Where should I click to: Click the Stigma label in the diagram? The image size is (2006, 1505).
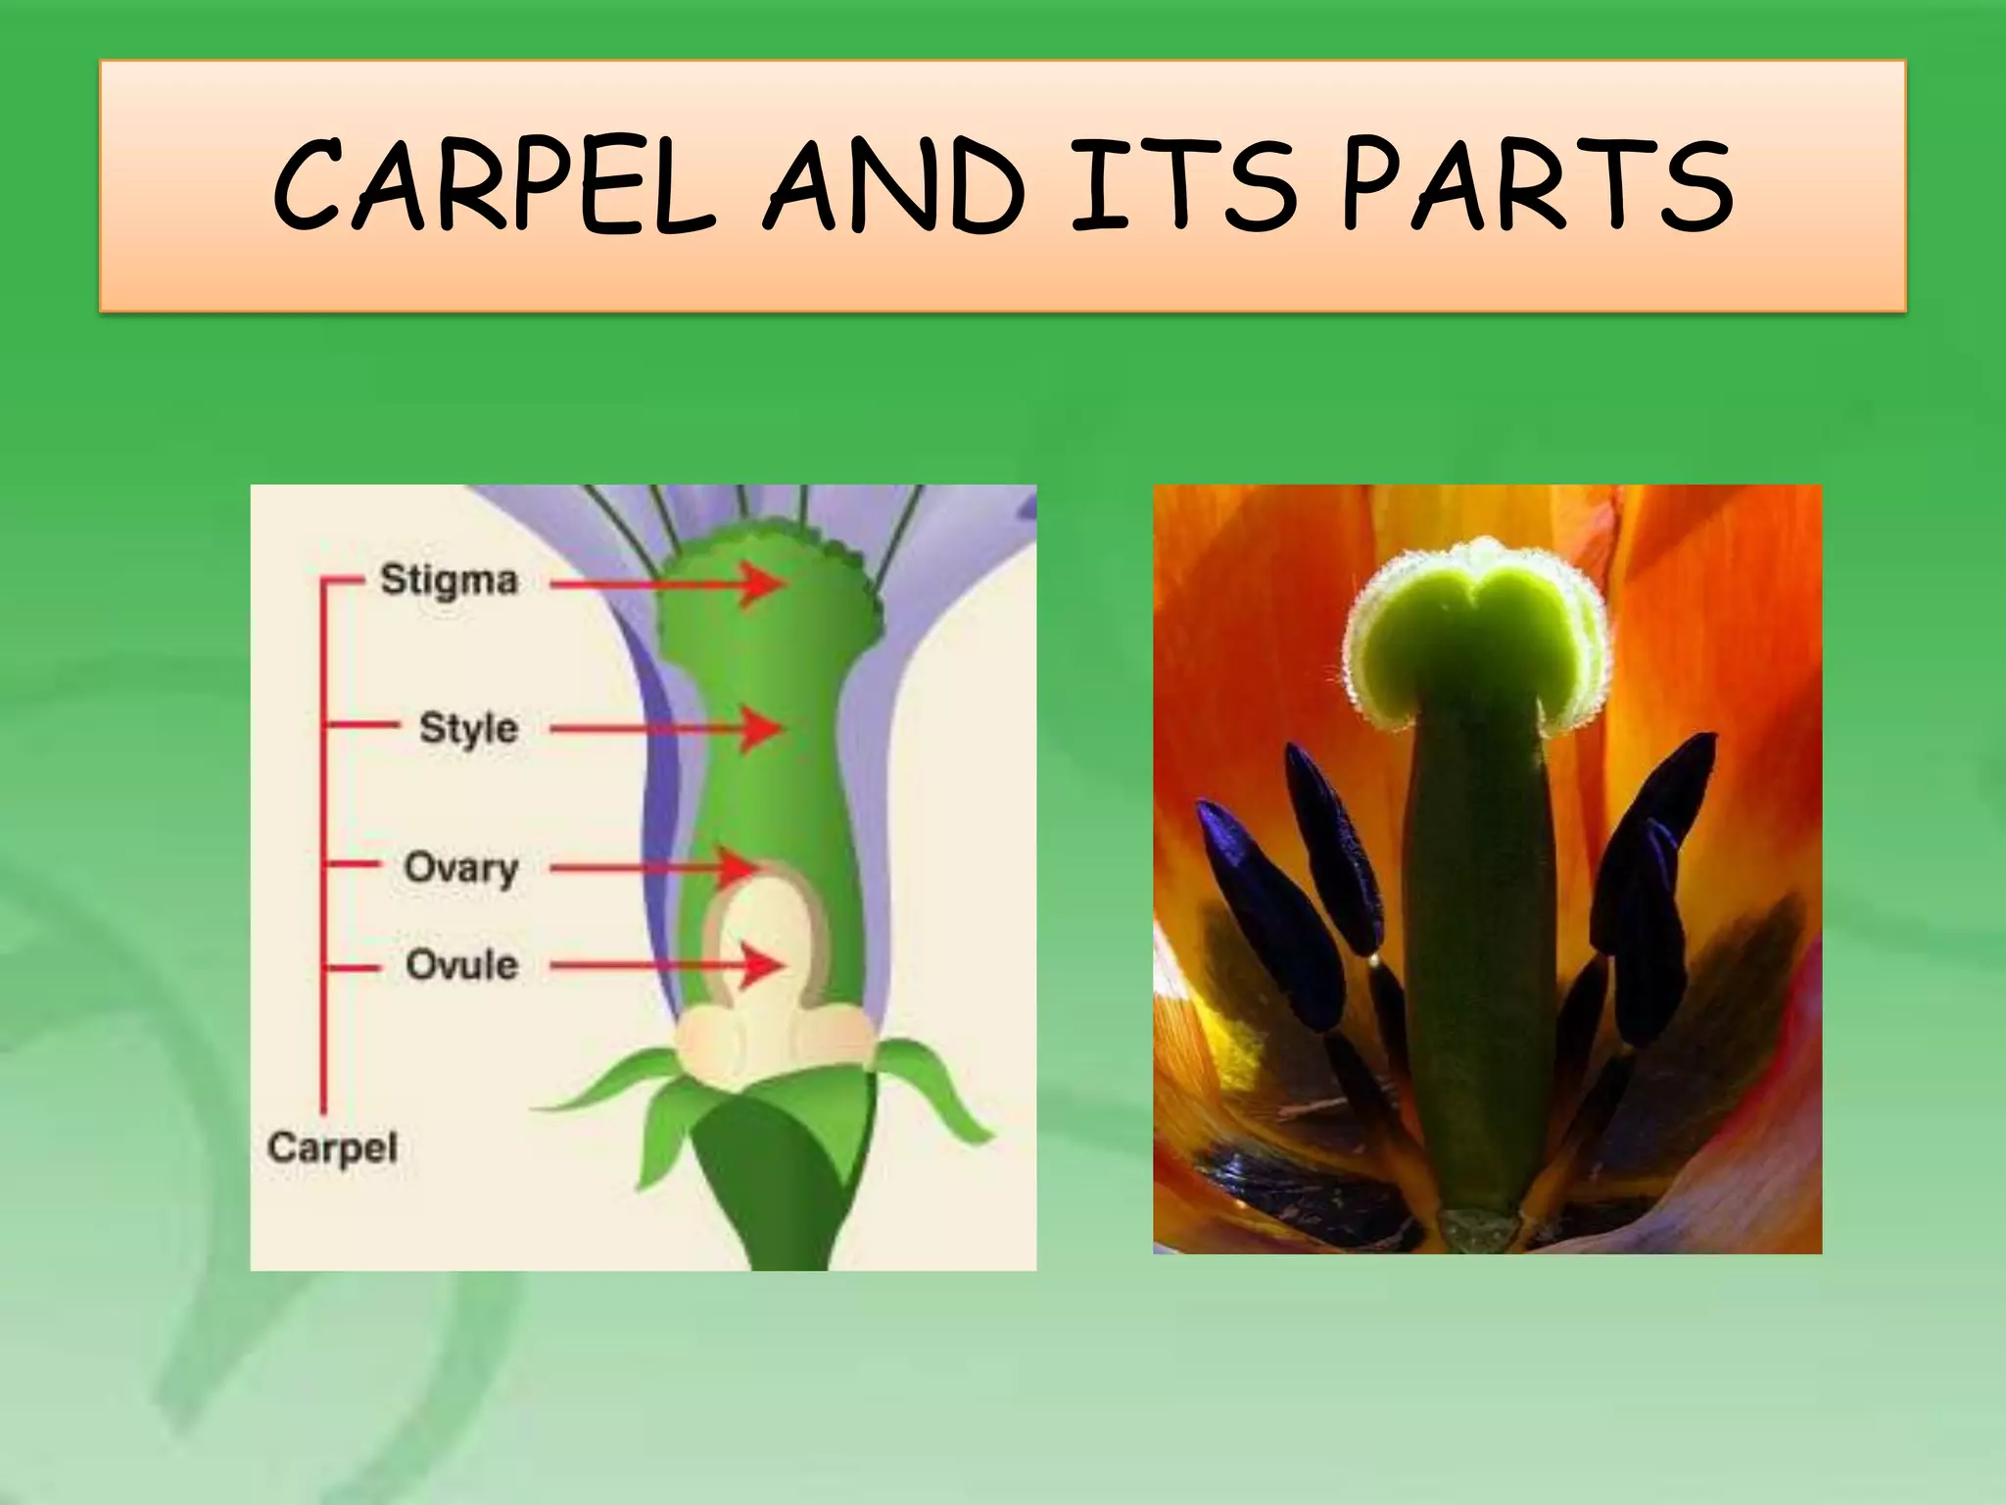tap(448, 580)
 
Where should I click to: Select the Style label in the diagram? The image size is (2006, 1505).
tap(467, 729)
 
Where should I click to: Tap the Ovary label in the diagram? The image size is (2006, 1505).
tap(460, 867)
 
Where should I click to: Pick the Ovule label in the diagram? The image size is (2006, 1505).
tap(461, 966)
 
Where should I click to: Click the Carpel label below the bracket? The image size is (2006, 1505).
tap(332, 1147)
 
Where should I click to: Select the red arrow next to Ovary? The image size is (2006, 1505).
tap(656, 867)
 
